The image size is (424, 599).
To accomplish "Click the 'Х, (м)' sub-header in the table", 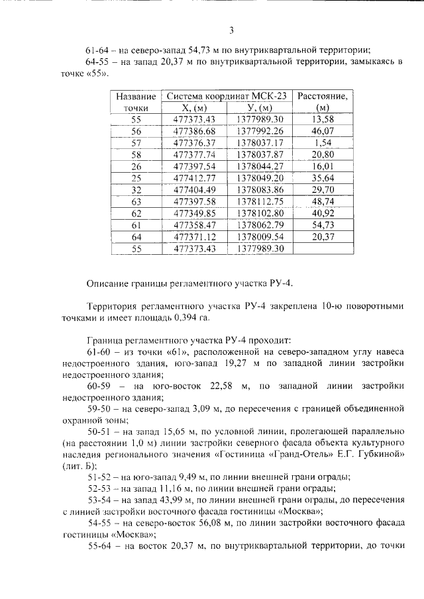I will tap(194, 107).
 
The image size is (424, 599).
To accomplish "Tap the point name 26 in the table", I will tap(136, 165).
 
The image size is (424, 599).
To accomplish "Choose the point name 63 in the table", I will tap(136, 201).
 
